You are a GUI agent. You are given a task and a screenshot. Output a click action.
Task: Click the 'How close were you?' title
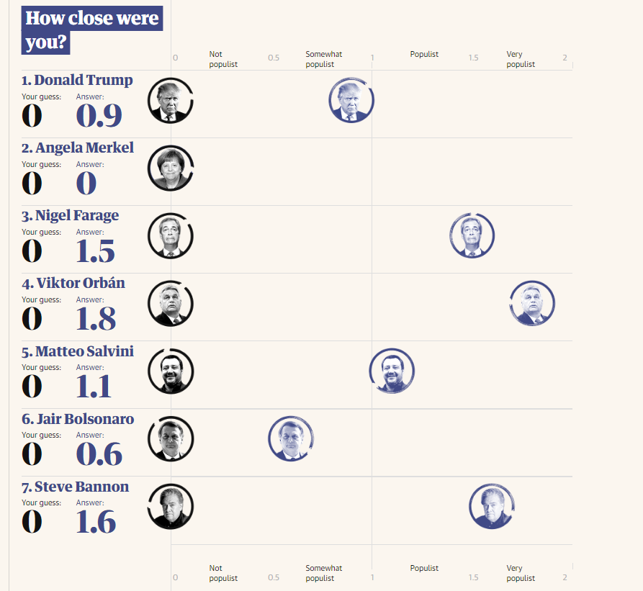(92, 30)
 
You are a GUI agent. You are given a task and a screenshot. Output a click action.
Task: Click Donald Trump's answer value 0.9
(99, 116)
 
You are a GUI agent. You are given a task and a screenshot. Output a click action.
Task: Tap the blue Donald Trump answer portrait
(351, 100)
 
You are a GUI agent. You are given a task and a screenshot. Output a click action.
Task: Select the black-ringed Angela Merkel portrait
(171, 168)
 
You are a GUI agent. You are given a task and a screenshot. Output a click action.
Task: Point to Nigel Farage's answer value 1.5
(96, 251)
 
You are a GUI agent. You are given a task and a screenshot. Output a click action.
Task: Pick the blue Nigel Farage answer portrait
(472, 235)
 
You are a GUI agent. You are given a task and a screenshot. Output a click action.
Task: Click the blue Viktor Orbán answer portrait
(532, 303)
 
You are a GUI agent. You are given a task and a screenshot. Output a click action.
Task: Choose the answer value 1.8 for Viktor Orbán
(96, 319)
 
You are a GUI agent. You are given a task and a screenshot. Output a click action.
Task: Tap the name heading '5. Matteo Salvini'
(78, 351)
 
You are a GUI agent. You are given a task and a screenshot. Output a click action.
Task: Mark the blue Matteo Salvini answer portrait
(392, 371)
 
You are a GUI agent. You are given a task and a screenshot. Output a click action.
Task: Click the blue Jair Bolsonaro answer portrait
(291, 438)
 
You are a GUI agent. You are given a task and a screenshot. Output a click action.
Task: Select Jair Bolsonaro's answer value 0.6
(99, 454)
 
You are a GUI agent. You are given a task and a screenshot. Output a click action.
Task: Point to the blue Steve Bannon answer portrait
(492, 506)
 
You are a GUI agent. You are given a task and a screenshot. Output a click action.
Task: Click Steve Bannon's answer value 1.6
(96, 522)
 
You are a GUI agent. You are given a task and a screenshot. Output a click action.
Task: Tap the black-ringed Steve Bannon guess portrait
(171, 506)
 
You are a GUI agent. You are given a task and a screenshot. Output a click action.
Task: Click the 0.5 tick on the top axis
(274, 58)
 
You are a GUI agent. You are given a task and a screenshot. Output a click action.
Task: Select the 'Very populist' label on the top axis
(520, 59)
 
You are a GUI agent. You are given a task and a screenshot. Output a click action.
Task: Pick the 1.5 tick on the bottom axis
(473, 577)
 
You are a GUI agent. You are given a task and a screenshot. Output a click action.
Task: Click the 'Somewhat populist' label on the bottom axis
(323, 573)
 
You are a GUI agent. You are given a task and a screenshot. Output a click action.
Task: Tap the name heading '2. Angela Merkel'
(78, 148)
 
